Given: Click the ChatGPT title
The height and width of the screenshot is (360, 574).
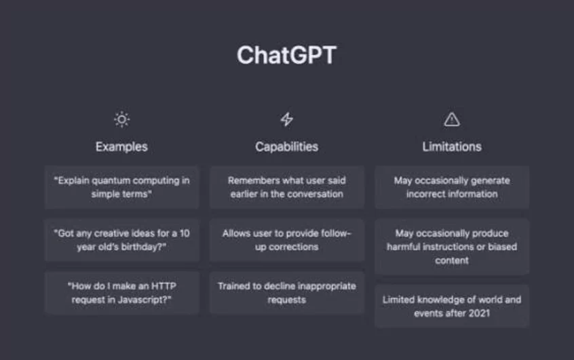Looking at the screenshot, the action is pos(286,56).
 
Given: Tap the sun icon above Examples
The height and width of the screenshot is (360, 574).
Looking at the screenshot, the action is pos(122,119).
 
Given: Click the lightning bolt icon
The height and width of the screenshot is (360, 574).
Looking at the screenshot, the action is pos(286,119).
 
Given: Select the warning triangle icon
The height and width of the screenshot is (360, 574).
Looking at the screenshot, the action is pos(452,119).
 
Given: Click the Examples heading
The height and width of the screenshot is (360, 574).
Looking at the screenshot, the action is pos(121,146).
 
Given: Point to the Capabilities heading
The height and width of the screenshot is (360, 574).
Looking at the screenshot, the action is pos(286,146).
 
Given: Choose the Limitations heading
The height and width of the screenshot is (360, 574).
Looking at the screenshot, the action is pos(452,146).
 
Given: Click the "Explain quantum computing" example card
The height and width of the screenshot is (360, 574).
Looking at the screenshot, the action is pos(122,187).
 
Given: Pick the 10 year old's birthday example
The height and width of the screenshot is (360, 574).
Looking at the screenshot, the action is pos(122,240).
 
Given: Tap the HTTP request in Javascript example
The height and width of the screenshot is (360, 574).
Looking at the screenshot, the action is pos(122,293).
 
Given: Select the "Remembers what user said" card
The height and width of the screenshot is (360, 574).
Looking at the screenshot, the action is pos(287,187).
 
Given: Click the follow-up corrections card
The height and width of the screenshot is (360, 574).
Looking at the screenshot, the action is pos(287,240).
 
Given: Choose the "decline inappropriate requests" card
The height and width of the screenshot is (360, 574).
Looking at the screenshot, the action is pos(287,293).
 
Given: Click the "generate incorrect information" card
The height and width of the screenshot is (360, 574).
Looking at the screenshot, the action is pos(452,187).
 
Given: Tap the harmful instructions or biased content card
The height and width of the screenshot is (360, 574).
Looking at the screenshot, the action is pos(452,247).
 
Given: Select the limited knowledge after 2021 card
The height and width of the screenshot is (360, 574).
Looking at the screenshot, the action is pos(452,306).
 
